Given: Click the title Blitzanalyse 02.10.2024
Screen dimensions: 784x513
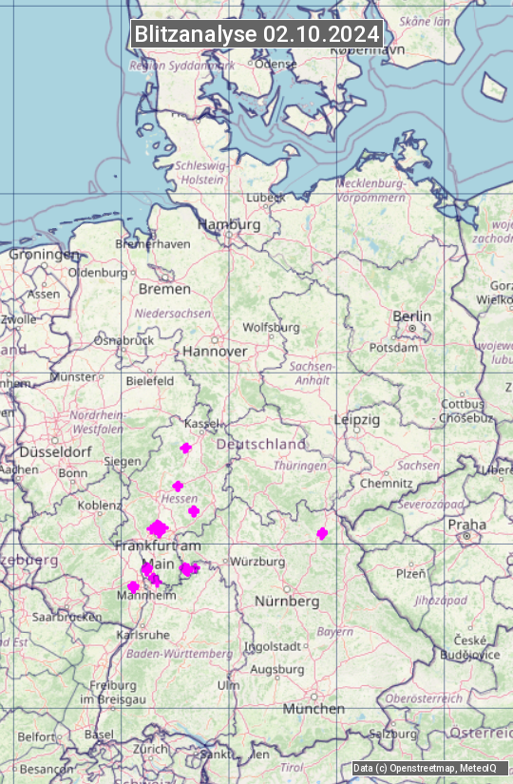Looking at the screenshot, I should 256,34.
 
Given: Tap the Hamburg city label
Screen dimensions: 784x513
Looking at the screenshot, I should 229,225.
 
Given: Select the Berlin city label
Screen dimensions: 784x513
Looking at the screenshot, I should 411,316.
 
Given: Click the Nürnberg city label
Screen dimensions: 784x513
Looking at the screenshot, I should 287,602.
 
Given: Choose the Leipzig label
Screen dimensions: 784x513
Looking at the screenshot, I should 356,419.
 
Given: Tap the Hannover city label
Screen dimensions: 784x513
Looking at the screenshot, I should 215,351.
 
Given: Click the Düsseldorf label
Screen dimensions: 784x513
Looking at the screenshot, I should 53,451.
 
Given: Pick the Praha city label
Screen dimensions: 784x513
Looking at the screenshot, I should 466,525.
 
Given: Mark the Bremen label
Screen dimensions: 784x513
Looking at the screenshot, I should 164,289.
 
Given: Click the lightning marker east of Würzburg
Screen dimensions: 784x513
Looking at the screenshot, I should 322,533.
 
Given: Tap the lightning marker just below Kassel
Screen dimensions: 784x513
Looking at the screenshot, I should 186,448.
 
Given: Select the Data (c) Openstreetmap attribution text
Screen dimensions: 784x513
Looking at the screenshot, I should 425,768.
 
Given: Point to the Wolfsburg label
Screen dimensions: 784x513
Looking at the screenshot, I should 272,327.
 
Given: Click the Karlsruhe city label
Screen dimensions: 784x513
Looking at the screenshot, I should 142,635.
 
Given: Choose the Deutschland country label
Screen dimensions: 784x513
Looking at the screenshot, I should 261,444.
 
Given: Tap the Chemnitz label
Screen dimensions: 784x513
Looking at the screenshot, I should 387,483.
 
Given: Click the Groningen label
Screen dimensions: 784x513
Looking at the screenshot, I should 44,255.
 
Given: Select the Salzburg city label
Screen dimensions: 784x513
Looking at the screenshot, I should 393,734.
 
